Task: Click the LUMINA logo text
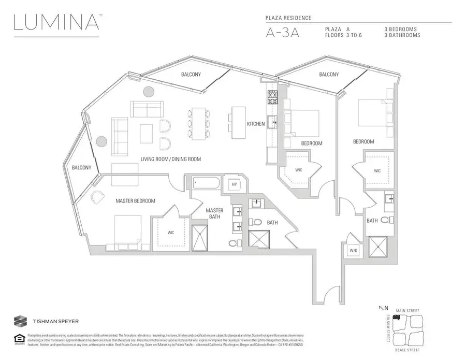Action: coord(56,23)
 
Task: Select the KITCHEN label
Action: coord(256,124)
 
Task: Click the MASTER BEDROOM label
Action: coord(135,201)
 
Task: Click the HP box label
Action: coord(234,184)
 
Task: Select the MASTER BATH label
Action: coord(214,213)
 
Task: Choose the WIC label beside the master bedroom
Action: coord(170,233)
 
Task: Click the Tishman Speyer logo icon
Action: coord(21,321)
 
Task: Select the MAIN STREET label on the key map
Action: coord(407,311)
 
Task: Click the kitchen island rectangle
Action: coord(238,122)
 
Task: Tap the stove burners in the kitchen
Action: coord(273,96)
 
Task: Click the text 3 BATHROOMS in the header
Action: coord(402,35)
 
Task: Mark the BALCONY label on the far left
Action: coord(81,167)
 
